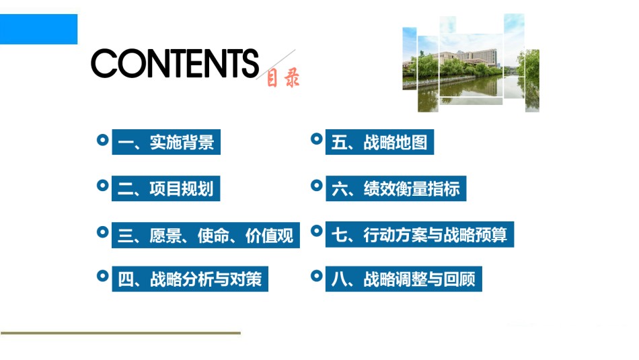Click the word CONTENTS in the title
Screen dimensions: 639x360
[x=175, y=63]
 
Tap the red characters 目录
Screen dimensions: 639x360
[x=283, y=77]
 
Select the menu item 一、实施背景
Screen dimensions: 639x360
[x=166, y=142]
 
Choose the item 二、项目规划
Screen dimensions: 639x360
[x=166, y=188]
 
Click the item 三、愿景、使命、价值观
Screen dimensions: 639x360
[x=206, y=236]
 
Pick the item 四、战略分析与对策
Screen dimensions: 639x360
[x=190, y=279]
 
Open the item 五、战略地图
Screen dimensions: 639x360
[x=379, y=142]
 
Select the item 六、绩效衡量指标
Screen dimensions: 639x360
[x=396, y=188]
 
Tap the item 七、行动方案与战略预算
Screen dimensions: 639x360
[x=420, y=234]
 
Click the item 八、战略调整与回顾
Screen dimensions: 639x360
[x=404, y=279]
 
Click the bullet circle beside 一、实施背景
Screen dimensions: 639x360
[x=103, y=140]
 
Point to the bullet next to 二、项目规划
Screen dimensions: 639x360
[x=103, y=186]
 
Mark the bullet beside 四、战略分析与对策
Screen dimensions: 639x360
[x=103, y=276]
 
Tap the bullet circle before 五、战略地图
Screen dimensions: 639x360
[x=317, y=139]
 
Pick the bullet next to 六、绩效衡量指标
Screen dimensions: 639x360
[x=317, y=186]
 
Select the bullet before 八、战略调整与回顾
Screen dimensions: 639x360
[x=317, y=276]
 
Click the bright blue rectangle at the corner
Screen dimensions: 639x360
[x=39, y=29]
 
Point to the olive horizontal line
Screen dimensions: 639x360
[x=120, y=333]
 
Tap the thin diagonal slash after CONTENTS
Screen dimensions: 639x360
[x=276, y=65]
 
